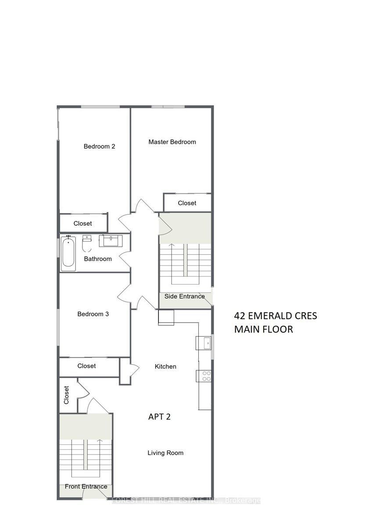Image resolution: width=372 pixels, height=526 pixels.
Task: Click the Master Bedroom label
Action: point(172,142)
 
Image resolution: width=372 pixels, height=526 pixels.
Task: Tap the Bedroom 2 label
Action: point(99,146)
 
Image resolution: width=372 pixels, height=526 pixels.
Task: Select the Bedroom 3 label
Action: point(93,314)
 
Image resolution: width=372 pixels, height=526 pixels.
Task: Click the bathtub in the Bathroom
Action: point(68,253)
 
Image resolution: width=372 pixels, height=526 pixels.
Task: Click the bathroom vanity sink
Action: point(110,241)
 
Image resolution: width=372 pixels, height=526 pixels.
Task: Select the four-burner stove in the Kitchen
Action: point(205,376)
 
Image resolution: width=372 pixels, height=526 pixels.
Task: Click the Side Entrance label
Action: point(184,296)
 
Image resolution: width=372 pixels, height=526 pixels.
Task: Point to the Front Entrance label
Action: point(86,487)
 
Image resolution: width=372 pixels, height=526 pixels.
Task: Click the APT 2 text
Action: point(159,417)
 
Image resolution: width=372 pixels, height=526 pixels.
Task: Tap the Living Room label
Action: point(165,453)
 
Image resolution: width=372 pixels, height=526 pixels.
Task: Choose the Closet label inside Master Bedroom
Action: point(187,203)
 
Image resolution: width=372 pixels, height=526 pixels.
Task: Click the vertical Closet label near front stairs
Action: point(67,395)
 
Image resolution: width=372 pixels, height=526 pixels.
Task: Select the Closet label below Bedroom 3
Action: point(86,366)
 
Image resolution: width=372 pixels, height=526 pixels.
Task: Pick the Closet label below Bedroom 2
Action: point(82,224)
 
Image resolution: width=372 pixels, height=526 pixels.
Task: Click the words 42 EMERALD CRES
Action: point(275,316)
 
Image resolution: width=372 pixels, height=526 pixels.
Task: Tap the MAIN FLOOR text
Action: point(263,329)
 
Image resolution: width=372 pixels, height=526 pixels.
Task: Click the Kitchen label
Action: point(166,366)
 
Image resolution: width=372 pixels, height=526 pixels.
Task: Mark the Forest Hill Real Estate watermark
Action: point(186,500)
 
